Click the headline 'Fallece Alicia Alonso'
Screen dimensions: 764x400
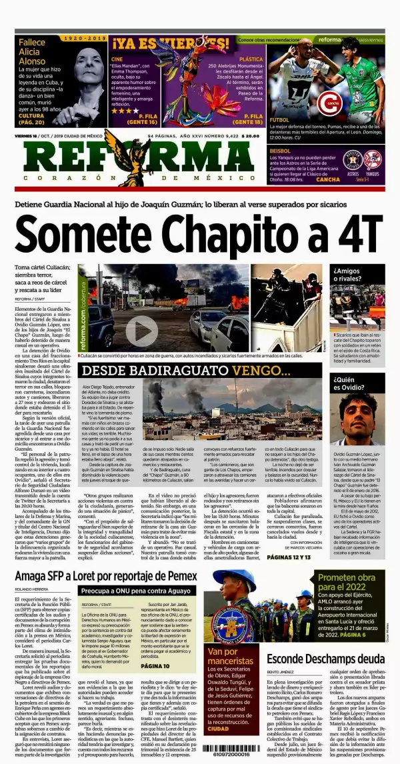[x=33, y=51]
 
